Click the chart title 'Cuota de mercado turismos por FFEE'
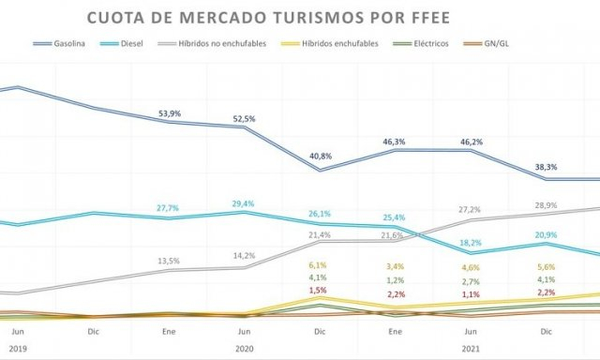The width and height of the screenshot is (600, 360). [x=255, y=19]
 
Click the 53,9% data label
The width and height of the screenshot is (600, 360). [x=170, y=113]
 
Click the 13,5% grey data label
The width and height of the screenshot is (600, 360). [x=170, y=261]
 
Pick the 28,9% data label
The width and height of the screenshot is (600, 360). [x=545, y=204]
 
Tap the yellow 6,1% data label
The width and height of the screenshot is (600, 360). [x=318, y=265]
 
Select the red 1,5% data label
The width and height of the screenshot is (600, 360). [x=318, y=292]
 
